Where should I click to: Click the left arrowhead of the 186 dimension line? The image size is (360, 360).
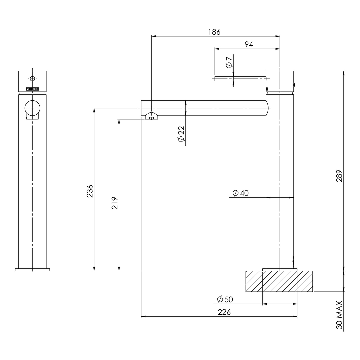click(154, 36)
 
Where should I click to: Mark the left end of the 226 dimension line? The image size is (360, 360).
click(141, 317)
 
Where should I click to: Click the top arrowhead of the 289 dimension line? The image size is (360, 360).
click(344, 73)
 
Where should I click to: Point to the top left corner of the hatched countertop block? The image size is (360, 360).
click(246, 271)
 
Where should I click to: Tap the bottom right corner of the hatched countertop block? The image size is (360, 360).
click(312, 292)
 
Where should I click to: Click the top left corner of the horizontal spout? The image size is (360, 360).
click(141, 100)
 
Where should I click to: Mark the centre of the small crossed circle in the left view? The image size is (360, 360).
click(32, 79)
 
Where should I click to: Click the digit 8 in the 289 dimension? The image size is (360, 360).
click(339, 176)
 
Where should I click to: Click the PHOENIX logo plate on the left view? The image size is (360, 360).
click(32, 89)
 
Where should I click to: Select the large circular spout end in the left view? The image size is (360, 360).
click(32, 108)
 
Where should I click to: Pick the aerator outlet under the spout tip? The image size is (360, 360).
click(152, 116)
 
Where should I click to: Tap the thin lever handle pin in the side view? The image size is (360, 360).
click(240, 79)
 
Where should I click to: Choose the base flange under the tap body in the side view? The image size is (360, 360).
click(280, 270)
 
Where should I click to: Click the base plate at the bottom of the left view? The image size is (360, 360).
click(32, 270)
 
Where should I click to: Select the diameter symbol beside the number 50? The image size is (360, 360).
click(220, 299)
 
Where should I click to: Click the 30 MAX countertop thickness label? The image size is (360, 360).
click(339, 315)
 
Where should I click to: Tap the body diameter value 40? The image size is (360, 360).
click(244, 193)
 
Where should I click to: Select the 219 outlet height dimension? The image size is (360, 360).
click(115, 203)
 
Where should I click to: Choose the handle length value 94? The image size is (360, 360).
click(249, 44)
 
